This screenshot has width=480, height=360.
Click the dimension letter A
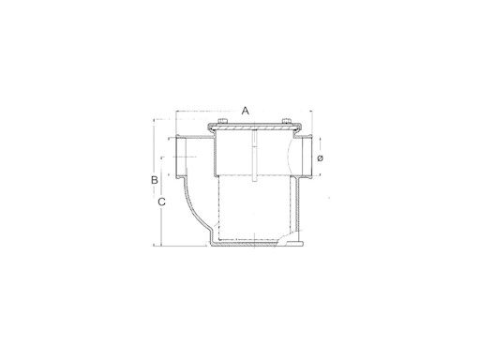(246, 111)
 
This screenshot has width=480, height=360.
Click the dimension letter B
(155, 180)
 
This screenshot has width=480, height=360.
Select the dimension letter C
(161, 202)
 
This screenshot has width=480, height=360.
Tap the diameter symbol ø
(320, 158)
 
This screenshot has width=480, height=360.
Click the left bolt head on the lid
(222, 121)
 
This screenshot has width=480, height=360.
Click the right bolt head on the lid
(287, 121)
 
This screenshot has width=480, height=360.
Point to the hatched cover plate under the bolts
(255, 128)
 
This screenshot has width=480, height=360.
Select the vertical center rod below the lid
(255, 156)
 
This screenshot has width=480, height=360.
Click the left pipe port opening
(181, 157)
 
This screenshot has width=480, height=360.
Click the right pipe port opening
(307, 157)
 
